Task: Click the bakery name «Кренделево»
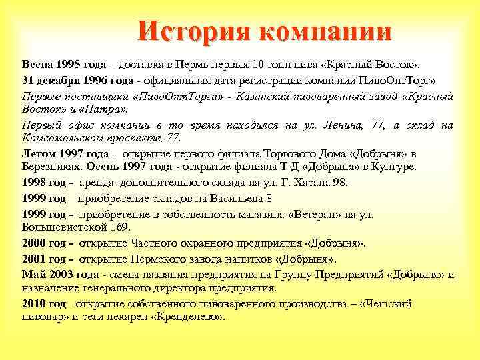pos(187,317)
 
